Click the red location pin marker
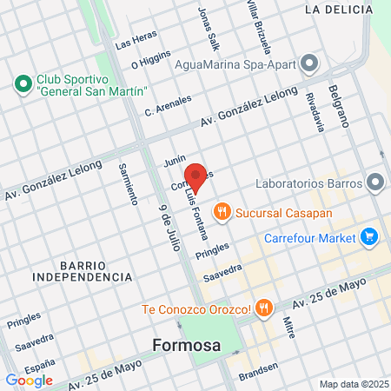[x=196, y=177]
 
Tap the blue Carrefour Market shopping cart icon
[x=369, y=236]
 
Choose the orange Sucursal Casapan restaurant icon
[x=222, y=209]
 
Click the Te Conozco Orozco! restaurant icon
[x=265, y=308]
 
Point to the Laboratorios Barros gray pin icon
[x=375, y=183]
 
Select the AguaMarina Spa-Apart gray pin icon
[x=308, y=63]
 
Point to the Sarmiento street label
[x=128, y=182]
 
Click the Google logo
[x=29, y=380]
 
